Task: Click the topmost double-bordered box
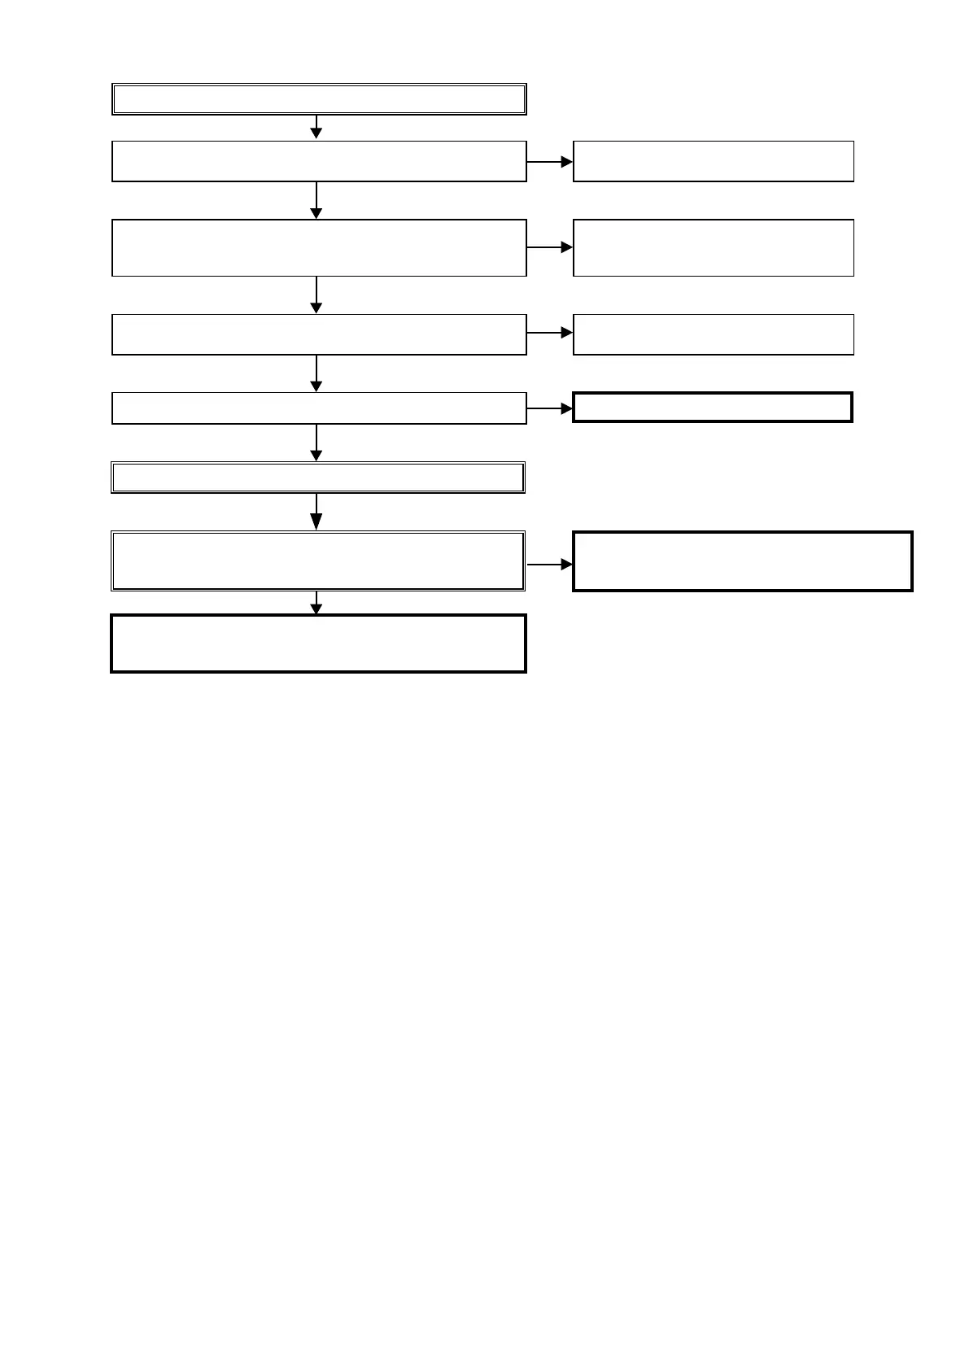coord(319,99)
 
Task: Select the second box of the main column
coord(319,161)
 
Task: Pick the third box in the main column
coord(319,247)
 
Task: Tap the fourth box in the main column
coord(319,334)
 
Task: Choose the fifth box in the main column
coord(319,408)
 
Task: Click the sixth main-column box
coord(318,478)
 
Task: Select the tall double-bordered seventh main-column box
coord(318,561)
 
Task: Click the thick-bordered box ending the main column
coord(319,644)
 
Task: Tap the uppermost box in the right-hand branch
coord(714,161)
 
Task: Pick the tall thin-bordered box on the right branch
coord(714,247)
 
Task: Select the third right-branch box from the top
coord(714,334)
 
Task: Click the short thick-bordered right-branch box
coord(713,407)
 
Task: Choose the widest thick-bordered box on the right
coord(743,561)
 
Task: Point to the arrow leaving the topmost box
coord(316,127)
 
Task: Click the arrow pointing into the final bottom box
coord(316,603)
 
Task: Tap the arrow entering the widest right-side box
coord(550,565)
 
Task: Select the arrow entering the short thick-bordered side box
coord(550,409)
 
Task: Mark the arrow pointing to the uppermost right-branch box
coord(550,162)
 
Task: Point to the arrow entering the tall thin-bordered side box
coord(550,247)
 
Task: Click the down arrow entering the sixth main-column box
coord(316,443)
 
